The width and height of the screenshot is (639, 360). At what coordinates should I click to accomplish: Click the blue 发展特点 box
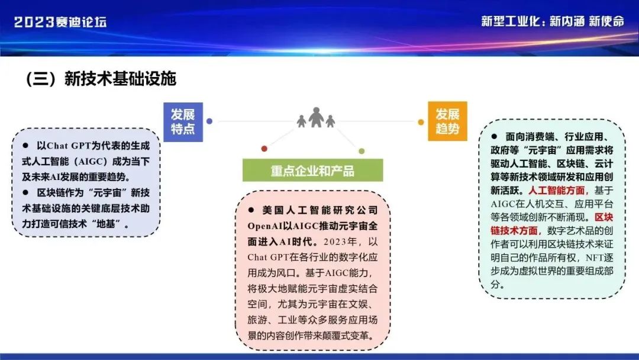[x=183, y=122]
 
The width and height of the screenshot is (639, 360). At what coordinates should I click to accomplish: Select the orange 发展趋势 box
[x=447, y=121]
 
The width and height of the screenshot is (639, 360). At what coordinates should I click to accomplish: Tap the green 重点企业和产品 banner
[x=312, y=170]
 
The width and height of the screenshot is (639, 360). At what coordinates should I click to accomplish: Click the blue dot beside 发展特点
[x=209, y=121]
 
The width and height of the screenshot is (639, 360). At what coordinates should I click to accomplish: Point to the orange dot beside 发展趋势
[x=421, y=122]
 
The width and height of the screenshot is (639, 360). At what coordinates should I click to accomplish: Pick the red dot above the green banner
[x=264, y=149]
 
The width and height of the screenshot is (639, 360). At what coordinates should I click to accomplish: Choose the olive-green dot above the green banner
[x=362, y=151]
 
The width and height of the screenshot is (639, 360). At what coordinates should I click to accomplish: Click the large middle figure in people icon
[x=316, y=117]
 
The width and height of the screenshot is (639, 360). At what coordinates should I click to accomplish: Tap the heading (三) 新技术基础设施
[x=101, y=79]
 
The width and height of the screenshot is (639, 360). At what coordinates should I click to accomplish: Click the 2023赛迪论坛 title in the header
[x=60, y=21]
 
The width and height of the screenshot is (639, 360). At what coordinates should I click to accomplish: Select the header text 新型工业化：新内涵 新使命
[x=553, y=21]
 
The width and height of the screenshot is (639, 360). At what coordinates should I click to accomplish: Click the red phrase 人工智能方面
[x=557, y=191]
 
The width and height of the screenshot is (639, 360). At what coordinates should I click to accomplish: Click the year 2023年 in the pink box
[x=340, y=242]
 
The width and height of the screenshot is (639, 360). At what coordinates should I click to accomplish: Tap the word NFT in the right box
[x=595, y=258]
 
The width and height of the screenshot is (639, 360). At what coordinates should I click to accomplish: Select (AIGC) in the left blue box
[x=92, y=162]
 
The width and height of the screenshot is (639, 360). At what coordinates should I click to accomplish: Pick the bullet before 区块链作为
[x=25, y=192]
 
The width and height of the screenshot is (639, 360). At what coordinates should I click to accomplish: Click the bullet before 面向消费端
[x=494, y=136]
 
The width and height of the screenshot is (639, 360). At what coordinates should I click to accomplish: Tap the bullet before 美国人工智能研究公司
[x=251, y=210]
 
